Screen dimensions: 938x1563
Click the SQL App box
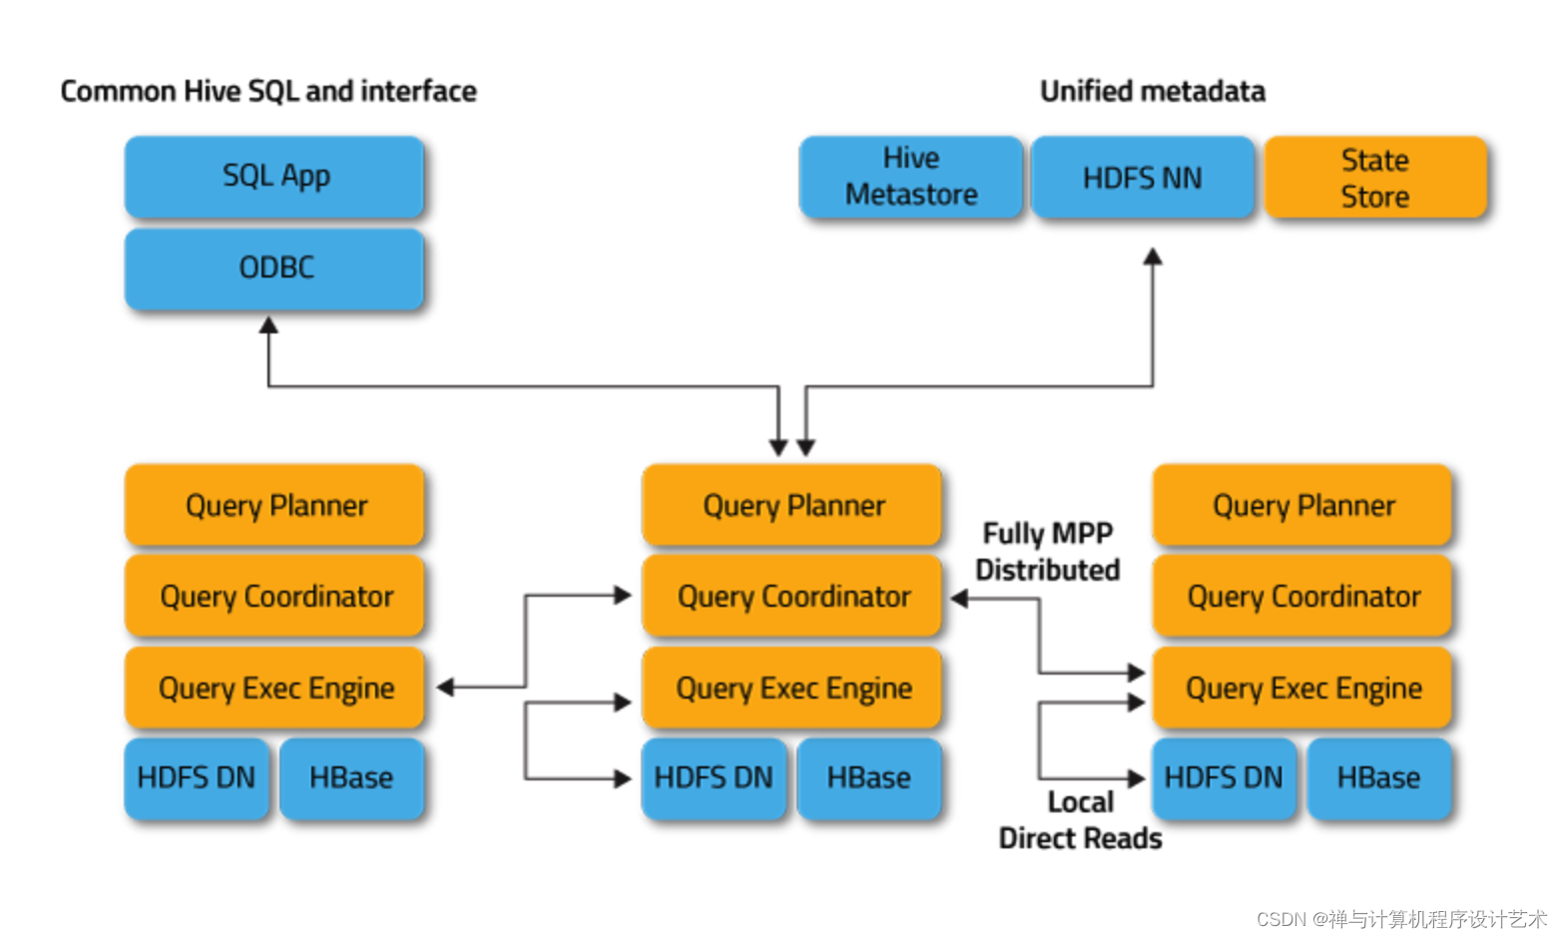pyautogui.click(x=274, y=177)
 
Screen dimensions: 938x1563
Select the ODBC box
pyautogui.click(x=274, y=268)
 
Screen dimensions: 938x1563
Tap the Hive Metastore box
pyautogui.click(x=910, y=177)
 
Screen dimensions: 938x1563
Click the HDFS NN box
pyautogui.click(x=1142, y=178)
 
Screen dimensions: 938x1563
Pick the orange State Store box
pyautogui.click(x=1374, y=178)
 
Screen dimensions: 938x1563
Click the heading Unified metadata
pyautogui.click(x=1152, y=91)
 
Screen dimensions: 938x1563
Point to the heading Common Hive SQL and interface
pyautogui.click(x=267, y=91)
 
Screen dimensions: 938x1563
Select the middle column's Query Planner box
pyautogui.click(x=792, y=505)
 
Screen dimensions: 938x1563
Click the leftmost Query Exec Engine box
pyautogui.click(x=274, y=688)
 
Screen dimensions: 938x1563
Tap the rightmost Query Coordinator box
pyautogui.click(x=1302, y=597)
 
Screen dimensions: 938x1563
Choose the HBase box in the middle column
pyautogui.click(x=868, y=778)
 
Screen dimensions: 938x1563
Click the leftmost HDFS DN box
pyautogui.click(x=197, y=778)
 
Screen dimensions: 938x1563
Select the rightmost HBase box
pyautogui.click(x=1378, y=778)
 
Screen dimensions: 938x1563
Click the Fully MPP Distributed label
pyautogui.click(x=1047, y=551)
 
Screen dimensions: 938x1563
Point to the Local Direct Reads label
pyautogui.click(x=1080, y=820)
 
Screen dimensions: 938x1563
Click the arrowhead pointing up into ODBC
pyautogui.click(x=268, y=325)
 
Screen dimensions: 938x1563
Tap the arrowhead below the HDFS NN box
pyautogui.click(x=1153, y=256)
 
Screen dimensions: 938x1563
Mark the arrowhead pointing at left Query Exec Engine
pyautogui.click(x=445, y=688)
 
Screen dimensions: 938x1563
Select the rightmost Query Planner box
pyautogui.click(x=1302, y=505)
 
